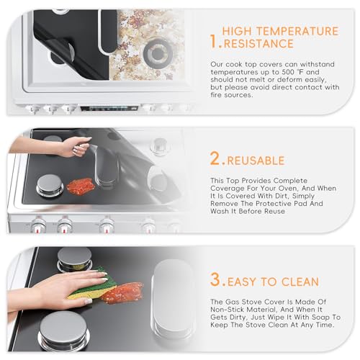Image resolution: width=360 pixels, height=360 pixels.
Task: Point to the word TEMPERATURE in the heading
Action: tap(299, 32)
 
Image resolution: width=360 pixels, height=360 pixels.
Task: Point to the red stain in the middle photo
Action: tap(81, 185)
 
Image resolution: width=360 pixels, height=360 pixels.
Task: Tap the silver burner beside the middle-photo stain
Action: tap(50, 185)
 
